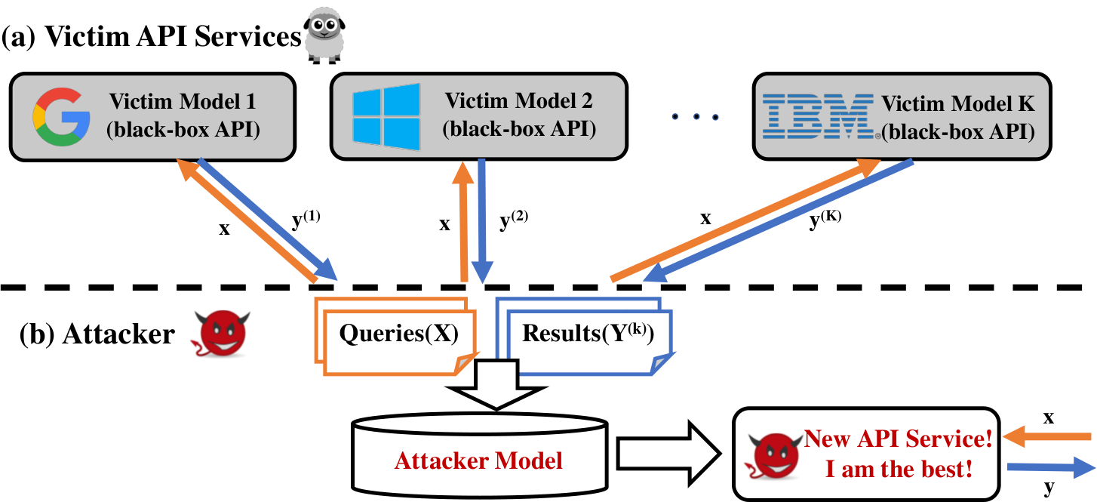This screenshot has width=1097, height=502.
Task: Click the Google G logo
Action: (x=61, y=117)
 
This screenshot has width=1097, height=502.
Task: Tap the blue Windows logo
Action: (x=386, y=117)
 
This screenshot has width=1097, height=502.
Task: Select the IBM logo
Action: (x=818, y=116)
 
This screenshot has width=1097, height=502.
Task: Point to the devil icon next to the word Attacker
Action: (x=220, y=334)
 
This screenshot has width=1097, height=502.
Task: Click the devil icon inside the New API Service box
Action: (x=773, y=455)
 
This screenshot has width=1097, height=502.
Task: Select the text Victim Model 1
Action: (x=182, y=101)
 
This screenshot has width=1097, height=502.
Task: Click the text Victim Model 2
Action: (x=518, y=100)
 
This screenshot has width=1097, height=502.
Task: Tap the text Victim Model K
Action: (x=958, y=103)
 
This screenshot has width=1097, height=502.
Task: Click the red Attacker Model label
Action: (x=478, y=460)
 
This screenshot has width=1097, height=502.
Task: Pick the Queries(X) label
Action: (x=398, y=334)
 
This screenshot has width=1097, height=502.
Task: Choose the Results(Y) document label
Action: (x=588, y=334)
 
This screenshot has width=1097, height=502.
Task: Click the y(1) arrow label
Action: (x=306, y=219)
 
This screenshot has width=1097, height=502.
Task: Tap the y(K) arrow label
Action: (x=825, y=219)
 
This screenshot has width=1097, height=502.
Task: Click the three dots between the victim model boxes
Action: (x=696, y=117)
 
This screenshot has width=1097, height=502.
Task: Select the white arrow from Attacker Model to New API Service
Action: (x=668, y=454)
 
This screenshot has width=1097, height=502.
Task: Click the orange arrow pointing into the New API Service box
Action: (x=1046, y=436)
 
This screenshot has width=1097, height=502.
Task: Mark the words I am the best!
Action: (x=899, y=469)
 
